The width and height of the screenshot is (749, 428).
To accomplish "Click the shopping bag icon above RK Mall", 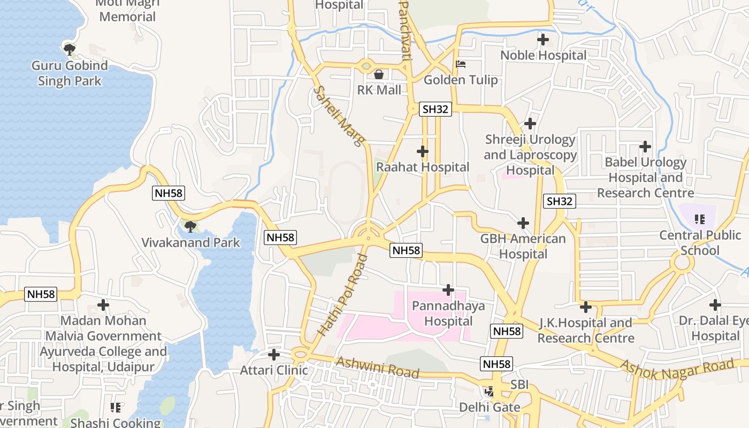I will click(x=379, y=74).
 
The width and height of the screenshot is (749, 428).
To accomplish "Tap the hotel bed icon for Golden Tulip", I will click(x=461, y=65).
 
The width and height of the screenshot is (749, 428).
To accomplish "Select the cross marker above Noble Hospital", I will click(x=543, y=40).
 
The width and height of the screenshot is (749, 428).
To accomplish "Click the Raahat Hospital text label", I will click(x=423, y=167).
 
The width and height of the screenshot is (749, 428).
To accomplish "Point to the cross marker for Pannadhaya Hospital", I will click(x=448, y=290).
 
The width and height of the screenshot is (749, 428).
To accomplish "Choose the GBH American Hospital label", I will click(x=523, y=246).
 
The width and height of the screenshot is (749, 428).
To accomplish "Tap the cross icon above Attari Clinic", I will click(x=274, y=354).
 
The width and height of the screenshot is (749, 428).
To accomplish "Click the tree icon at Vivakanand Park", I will click(x=190, y=226).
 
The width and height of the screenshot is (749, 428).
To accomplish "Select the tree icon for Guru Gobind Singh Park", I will click(x=69, y=50).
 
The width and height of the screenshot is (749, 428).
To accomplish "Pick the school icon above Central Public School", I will click(x=699, y=219).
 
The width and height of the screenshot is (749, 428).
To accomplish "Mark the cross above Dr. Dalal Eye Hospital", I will click(x=715, y=305).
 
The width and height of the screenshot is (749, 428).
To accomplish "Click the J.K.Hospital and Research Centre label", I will click(x=585, y=330).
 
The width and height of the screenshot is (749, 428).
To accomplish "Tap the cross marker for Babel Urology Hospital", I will click(x=645, y=146).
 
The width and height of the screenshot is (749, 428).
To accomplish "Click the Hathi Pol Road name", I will click(x=342, y=295).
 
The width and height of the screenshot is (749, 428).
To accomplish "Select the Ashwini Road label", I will click(x=377, y=368).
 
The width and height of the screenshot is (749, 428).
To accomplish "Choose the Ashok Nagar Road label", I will click(x=677, y=366).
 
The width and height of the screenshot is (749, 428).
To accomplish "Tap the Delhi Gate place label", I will click(x=490, y=407).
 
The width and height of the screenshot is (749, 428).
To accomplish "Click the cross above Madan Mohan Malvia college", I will click(x=103, y=305).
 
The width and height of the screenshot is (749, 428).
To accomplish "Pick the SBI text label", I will click(x=519, y=385).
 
